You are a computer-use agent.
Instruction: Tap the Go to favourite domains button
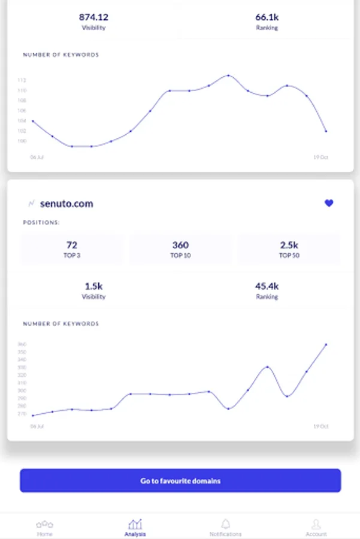[180, 481]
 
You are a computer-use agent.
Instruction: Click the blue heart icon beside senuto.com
[329, 204]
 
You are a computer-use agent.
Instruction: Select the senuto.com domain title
[66, 204]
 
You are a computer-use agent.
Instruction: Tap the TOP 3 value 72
[72, 245]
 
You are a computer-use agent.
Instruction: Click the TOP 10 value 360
[180, 245]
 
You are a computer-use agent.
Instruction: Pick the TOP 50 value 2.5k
[289, 245]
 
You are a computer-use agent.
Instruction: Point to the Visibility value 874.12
[93, 17]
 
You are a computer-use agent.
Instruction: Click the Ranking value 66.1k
[267, 17]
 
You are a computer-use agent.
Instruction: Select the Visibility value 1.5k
[93, 286]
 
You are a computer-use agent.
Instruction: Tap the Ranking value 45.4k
[267, 286]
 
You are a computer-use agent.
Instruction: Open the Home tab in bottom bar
[45, 527]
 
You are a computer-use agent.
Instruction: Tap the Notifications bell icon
[226, 524]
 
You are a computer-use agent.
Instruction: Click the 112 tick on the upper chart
[22, 80]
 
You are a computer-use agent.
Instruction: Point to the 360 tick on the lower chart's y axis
[22, 344]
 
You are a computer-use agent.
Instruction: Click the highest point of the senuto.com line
[326, 344]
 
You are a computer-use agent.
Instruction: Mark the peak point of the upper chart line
[228, 75]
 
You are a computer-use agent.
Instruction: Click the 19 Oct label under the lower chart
[321, 426]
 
